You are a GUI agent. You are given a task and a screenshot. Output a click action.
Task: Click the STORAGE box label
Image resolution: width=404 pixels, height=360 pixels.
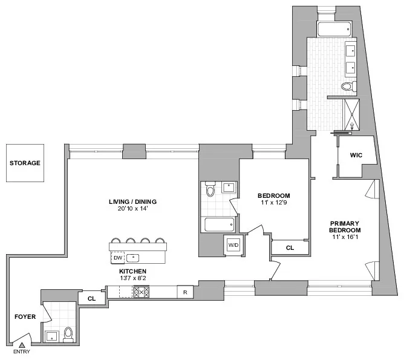(x=25, y=163)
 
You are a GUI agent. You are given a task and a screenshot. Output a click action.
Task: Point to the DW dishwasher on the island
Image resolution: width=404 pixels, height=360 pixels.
(x=118, y=258)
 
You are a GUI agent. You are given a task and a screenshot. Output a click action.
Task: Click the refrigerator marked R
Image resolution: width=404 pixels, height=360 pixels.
(x=184, y=292)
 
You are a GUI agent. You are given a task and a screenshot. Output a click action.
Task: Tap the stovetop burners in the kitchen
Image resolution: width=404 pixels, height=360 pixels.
(x=141, y=292)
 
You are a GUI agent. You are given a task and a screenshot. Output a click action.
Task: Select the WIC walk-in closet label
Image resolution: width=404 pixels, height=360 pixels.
(x=356, y=155)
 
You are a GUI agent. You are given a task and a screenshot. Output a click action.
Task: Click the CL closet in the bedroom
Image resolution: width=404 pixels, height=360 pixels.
(x=290, y=247)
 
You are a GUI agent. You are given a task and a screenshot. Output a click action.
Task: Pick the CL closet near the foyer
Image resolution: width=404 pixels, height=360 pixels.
(x=92, y=298)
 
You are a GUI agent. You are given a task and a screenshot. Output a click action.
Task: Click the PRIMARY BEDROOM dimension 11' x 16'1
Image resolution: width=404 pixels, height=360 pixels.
(x=345, y=238)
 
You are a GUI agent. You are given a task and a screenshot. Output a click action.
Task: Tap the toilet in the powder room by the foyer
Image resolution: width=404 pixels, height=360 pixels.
(x=68, y=333)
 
